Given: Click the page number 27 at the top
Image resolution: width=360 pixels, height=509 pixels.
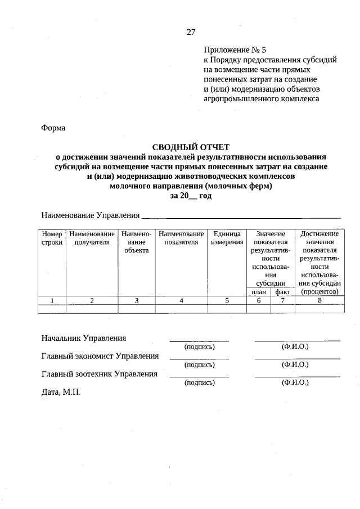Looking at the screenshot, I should [191, 32].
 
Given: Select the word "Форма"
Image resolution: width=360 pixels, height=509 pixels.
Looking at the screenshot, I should [53, 128].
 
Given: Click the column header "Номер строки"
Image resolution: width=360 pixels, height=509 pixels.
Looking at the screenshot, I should [52, 237].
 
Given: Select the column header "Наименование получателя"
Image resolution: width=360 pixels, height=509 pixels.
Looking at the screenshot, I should [92, 237].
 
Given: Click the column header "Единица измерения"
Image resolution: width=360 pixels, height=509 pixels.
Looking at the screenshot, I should [227, 237].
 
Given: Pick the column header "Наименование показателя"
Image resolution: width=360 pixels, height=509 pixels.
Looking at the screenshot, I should [181, 237].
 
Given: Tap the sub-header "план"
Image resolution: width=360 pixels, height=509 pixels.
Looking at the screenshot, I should [259, 292].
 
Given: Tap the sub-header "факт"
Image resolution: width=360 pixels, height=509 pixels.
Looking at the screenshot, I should [282, 292].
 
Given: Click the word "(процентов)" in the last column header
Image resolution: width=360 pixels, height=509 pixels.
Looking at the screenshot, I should [319, 292].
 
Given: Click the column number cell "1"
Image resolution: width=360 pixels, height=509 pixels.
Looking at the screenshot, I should [52, 300].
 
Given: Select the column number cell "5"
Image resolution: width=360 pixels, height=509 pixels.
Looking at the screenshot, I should [227, 300].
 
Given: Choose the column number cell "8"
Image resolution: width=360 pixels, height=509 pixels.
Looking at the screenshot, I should [319, 300].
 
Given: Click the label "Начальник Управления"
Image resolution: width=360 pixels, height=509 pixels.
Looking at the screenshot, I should [83, 338].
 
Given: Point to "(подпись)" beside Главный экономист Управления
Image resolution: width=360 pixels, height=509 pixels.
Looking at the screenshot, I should [200, 364].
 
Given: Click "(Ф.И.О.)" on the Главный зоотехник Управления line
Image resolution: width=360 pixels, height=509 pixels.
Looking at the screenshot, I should [295, 382].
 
